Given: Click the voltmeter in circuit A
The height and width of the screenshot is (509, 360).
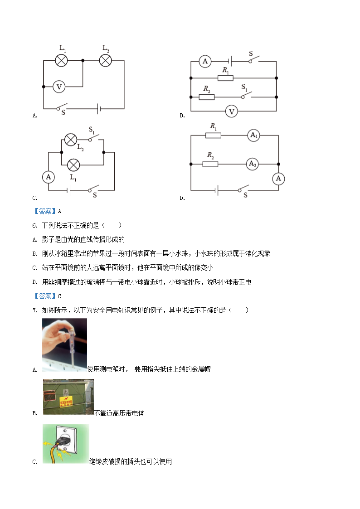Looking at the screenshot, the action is click(59, 87).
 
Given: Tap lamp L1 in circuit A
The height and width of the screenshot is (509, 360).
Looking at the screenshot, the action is click(61, 60).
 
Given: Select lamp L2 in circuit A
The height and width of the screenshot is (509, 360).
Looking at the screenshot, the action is click(105, 60).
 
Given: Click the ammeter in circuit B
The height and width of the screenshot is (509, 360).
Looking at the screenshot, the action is click(205, 61).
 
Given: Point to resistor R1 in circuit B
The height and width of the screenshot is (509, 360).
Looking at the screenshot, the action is click(225, 78).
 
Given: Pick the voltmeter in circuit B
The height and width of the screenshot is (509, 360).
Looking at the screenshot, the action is click(231, 111).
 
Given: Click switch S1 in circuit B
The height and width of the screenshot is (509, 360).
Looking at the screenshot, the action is click(247, 95).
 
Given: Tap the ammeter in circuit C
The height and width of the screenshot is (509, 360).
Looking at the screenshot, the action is click(49, 177).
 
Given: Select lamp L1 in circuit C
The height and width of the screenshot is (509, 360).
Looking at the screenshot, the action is click(73, 165).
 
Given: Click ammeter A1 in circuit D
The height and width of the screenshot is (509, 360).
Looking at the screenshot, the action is click(253, 136).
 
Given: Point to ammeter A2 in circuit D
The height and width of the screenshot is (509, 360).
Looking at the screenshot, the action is click(253, 164).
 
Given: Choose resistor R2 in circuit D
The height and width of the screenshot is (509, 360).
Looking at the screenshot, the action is click(210, 164).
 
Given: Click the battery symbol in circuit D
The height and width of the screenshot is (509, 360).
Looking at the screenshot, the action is click(217, 190).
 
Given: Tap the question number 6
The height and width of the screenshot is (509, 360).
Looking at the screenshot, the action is click(35, 226).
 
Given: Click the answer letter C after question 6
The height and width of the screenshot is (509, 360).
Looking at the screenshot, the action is click(59, 296).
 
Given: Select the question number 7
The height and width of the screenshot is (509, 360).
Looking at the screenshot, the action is click(35, 310).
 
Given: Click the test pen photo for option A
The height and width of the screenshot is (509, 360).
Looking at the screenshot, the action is click(64, 345).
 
